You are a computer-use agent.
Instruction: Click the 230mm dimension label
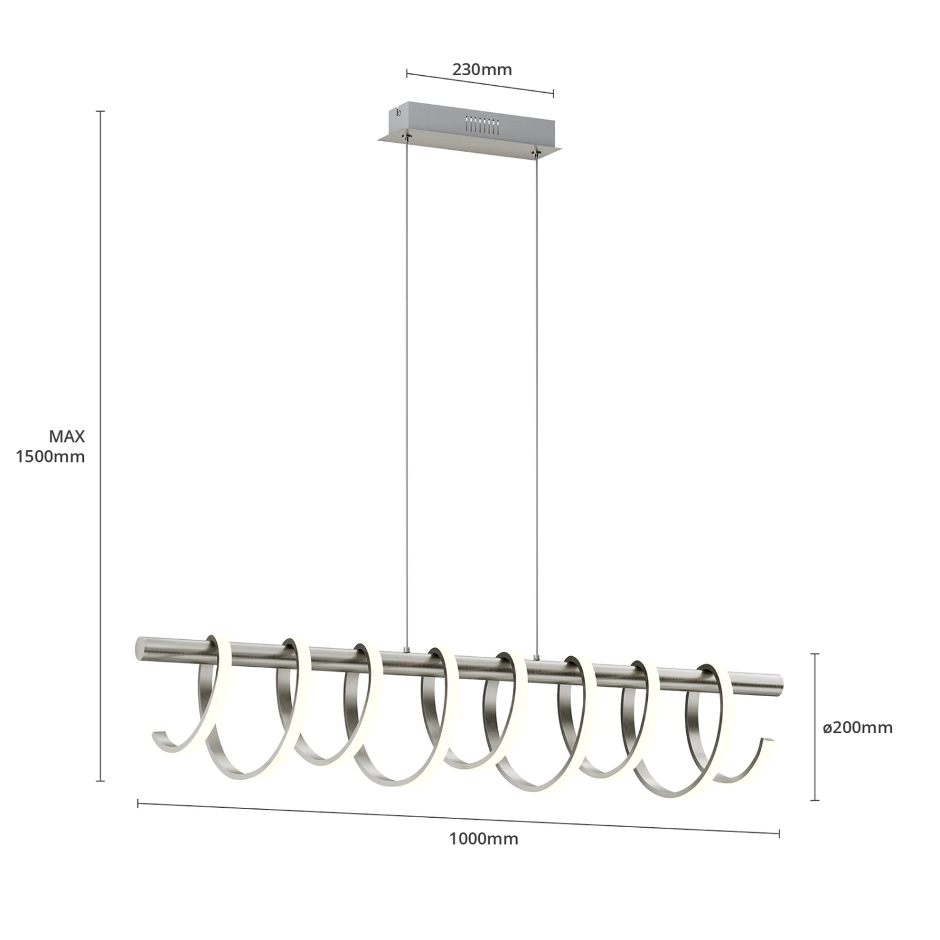(482, 70)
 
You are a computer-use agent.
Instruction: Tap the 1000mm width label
(483, 838)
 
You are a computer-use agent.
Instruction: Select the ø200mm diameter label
(857, 728)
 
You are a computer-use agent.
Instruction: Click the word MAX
(66, 437)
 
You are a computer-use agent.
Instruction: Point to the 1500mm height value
(50, 456)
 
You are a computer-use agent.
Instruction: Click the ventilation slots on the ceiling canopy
(481, 124)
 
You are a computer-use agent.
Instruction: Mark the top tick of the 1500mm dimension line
(100, 111)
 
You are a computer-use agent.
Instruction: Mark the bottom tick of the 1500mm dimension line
(100, 781)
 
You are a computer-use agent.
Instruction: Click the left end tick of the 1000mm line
(138, 803)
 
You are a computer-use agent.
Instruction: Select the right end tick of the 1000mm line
(779, 833)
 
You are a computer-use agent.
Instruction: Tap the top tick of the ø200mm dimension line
(815, 654)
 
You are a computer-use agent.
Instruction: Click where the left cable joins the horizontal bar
(407, 652)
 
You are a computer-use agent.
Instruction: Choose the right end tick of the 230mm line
(553, 94)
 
